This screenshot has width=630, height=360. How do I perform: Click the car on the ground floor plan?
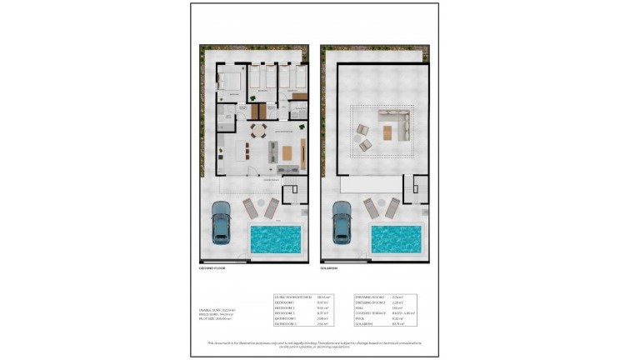pos(222,222)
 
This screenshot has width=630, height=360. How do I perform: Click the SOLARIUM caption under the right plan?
pos(331,269)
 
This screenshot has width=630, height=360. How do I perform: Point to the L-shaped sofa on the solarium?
pos(392,122)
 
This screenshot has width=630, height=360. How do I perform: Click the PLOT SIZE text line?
pos(215,319)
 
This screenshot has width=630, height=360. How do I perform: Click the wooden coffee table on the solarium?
pos(388,132)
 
